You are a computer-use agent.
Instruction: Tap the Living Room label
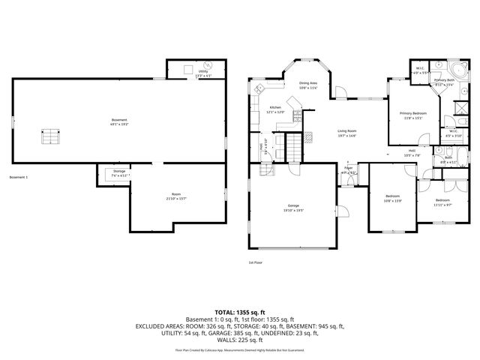346,132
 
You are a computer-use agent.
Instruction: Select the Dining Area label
308,85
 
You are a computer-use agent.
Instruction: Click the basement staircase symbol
49,137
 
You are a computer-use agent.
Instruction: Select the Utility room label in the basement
203,73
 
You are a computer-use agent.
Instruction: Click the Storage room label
119,173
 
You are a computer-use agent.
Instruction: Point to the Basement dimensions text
119,124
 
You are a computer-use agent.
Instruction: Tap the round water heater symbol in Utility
208,64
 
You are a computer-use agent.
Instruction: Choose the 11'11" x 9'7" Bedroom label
442,202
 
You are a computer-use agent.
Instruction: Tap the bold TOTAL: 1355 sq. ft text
240,311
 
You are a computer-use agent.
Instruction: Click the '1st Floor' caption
256,262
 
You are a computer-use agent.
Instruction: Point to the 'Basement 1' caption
19,178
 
